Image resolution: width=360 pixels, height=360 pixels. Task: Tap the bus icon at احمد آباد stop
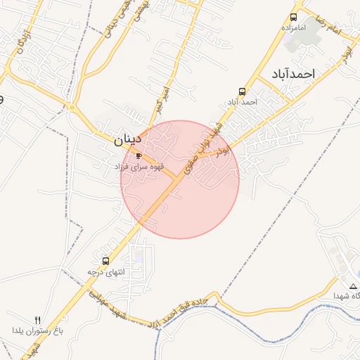tap(243, 92)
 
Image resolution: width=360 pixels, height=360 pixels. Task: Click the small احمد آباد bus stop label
tap(242, 102)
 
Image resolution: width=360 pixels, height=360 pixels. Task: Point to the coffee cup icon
tap(139, 156)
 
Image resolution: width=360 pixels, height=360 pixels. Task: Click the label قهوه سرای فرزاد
tap(139, 166)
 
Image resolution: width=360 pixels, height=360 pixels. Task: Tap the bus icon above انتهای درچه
tap(106, 261)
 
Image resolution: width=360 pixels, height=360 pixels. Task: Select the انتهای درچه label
tap(105, 271)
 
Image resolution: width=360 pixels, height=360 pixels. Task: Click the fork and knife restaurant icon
tap(38, 320)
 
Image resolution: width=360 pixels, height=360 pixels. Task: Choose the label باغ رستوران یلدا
tap(38, 330)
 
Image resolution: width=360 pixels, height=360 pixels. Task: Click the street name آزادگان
tap(20, 45)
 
